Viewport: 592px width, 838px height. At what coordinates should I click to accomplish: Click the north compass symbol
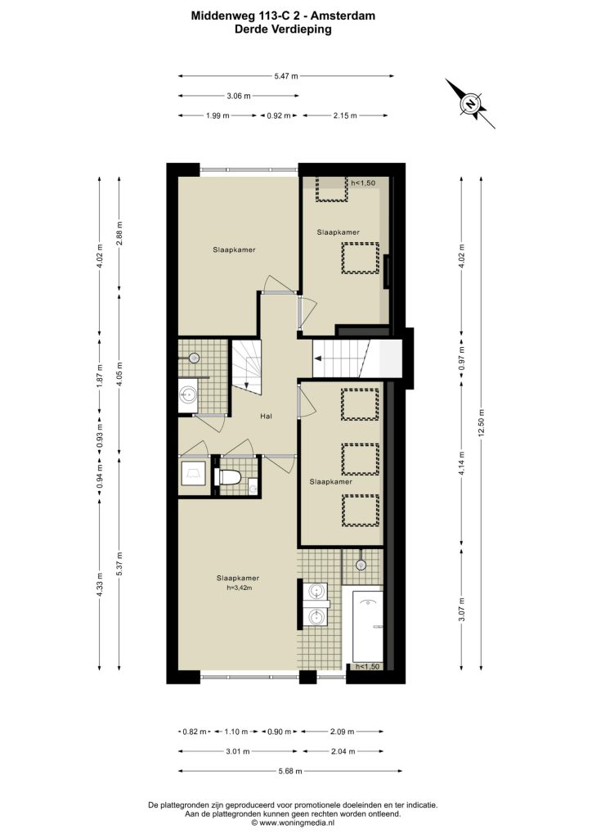470,103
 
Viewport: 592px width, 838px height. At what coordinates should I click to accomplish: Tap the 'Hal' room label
266,416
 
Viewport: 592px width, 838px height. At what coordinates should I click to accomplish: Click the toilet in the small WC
227,476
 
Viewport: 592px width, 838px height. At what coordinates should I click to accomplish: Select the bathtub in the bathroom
367,626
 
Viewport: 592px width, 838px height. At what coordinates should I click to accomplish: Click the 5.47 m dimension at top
286,76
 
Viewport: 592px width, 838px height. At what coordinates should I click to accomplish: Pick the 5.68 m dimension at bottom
290,771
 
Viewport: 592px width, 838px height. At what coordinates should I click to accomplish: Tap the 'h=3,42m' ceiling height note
238,588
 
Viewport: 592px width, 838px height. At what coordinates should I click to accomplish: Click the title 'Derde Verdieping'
283,30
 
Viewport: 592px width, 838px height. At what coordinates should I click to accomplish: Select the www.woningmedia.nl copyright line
293,823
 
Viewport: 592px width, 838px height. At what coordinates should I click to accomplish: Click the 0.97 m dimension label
462,358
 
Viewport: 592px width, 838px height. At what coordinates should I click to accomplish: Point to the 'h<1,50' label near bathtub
368,666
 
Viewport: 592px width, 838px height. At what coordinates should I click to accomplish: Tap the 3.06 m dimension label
239,97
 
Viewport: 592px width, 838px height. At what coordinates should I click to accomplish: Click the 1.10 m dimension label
236,732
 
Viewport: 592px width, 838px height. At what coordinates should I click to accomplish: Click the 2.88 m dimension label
119,233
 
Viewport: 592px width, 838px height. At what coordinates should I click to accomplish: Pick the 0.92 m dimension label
279,115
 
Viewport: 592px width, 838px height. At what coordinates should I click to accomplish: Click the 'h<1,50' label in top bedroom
363,182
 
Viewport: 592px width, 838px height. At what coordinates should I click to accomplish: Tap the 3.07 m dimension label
462,609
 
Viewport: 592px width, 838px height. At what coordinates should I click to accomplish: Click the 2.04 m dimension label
343,751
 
